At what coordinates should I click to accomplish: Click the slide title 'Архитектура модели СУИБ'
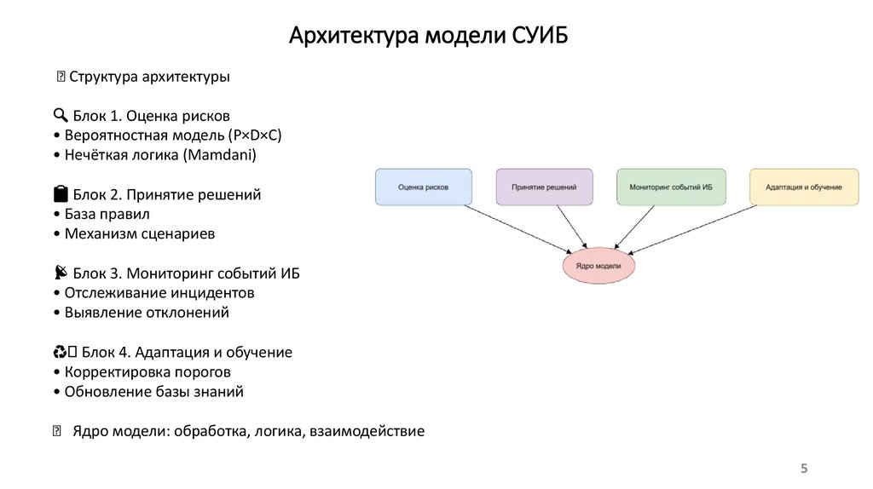[427, 37]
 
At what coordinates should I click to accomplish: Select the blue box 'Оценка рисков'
[423, 187]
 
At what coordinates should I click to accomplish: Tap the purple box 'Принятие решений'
[544, 187]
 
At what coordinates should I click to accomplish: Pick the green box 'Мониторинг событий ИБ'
[671, 187]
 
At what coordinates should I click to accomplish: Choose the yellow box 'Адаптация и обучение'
[804, 187]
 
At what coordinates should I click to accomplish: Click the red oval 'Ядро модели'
[598, 266]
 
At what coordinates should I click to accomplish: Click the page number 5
[803, 469]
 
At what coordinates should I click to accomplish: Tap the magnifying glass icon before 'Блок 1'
[60, 116]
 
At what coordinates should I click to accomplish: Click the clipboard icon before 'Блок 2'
[60, 194]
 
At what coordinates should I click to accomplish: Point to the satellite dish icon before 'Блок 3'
[60, 273]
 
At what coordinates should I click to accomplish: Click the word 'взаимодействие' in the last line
[370, 431]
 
